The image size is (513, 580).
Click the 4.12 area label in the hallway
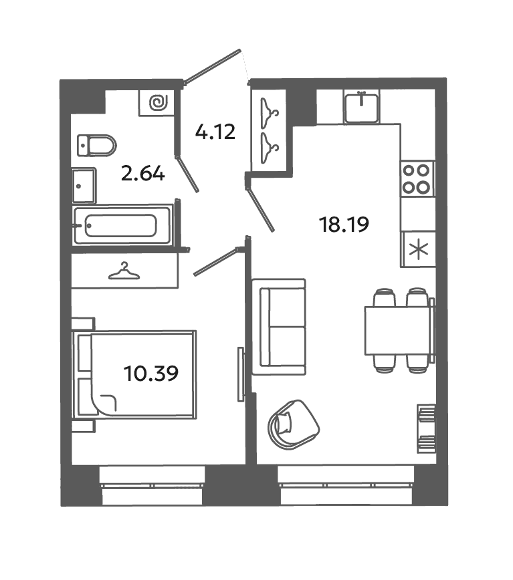click(x=215, y=132)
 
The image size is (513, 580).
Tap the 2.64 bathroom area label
click(x=143, y=174)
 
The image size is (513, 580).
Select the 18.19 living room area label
click(x=344, y=225)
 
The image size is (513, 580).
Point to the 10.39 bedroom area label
click(x=151, y=374)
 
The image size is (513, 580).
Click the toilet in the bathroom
click(x=96, y=146)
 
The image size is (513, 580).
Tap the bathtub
click(x=122, y=225)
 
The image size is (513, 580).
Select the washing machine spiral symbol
click(x=159, y=102)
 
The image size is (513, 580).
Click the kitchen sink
click(x=362, y=108)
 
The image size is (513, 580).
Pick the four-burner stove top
click(x=417, y=179)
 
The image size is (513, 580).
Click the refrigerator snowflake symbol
click(x=419, y=249)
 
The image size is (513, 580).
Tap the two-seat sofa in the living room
click(x=279, y=327)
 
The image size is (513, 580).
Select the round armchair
click(x=294, y=425)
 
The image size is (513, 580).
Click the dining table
click(x=398, y=331)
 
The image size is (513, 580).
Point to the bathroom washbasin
click(x=84, y=186)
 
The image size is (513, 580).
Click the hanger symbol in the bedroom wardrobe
click(x=124, y=271)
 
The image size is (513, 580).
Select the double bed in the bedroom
click(x=134, y=375)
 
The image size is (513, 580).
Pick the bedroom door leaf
click(x=217, y=262)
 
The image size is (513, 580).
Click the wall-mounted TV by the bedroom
click(x=241, y=374)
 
